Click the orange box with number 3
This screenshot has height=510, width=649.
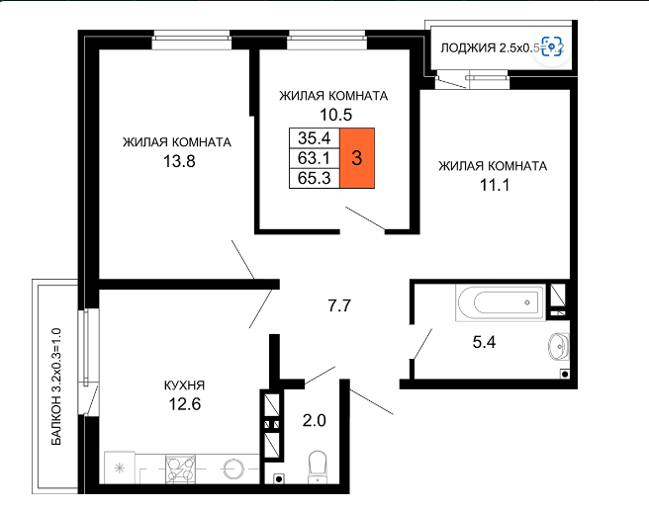pos(357,158)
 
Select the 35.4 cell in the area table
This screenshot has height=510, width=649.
pos(315,137)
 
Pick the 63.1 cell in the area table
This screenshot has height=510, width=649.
pos(315,158)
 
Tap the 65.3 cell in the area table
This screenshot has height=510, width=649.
pos(315,178)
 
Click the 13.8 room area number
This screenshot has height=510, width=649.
pos(179,161)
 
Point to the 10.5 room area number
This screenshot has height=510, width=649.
pos(335,115)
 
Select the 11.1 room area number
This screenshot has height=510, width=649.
pos(495,185)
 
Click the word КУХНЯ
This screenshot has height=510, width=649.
pos(185,385)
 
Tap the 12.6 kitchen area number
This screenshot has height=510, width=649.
pos(185,404)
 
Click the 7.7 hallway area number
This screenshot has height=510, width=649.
pos(339,305)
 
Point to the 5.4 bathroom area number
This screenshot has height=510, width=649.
pos(484,342)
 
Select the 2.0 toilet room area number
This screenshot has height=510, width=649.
pos(315,421)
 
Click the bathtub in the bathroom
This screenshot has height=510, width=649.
pos(501,302)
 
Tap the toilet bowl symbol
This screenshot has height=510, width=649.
pos(318,467)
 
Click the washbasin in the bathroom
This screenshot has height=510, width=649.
pos(558,345)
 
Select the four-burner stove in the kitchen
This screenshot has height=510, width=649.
pos(180,468)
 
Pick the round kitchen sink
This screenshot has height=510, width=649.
pos(233,469)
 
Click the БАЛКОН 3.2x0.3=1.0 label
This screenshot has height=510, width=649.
pos(56,386)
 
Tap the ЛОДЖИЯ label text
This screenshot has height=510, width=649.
pos(468,48)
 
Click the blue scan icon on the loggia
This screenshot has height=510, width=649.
pos(552,46)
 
